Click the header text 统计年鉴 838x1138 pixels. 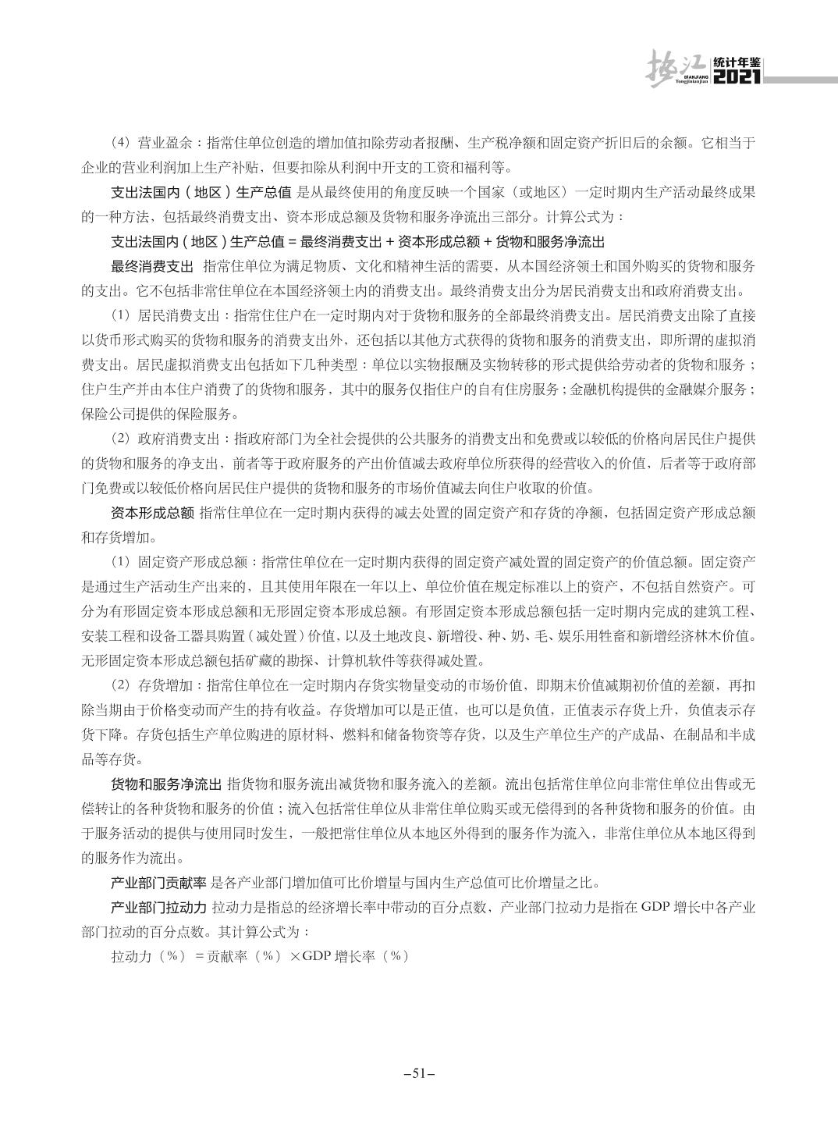point(737,63)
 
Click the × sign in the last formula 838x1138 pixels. point(295,957)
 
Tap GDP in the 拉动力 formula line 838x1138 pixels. point(317,957)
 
